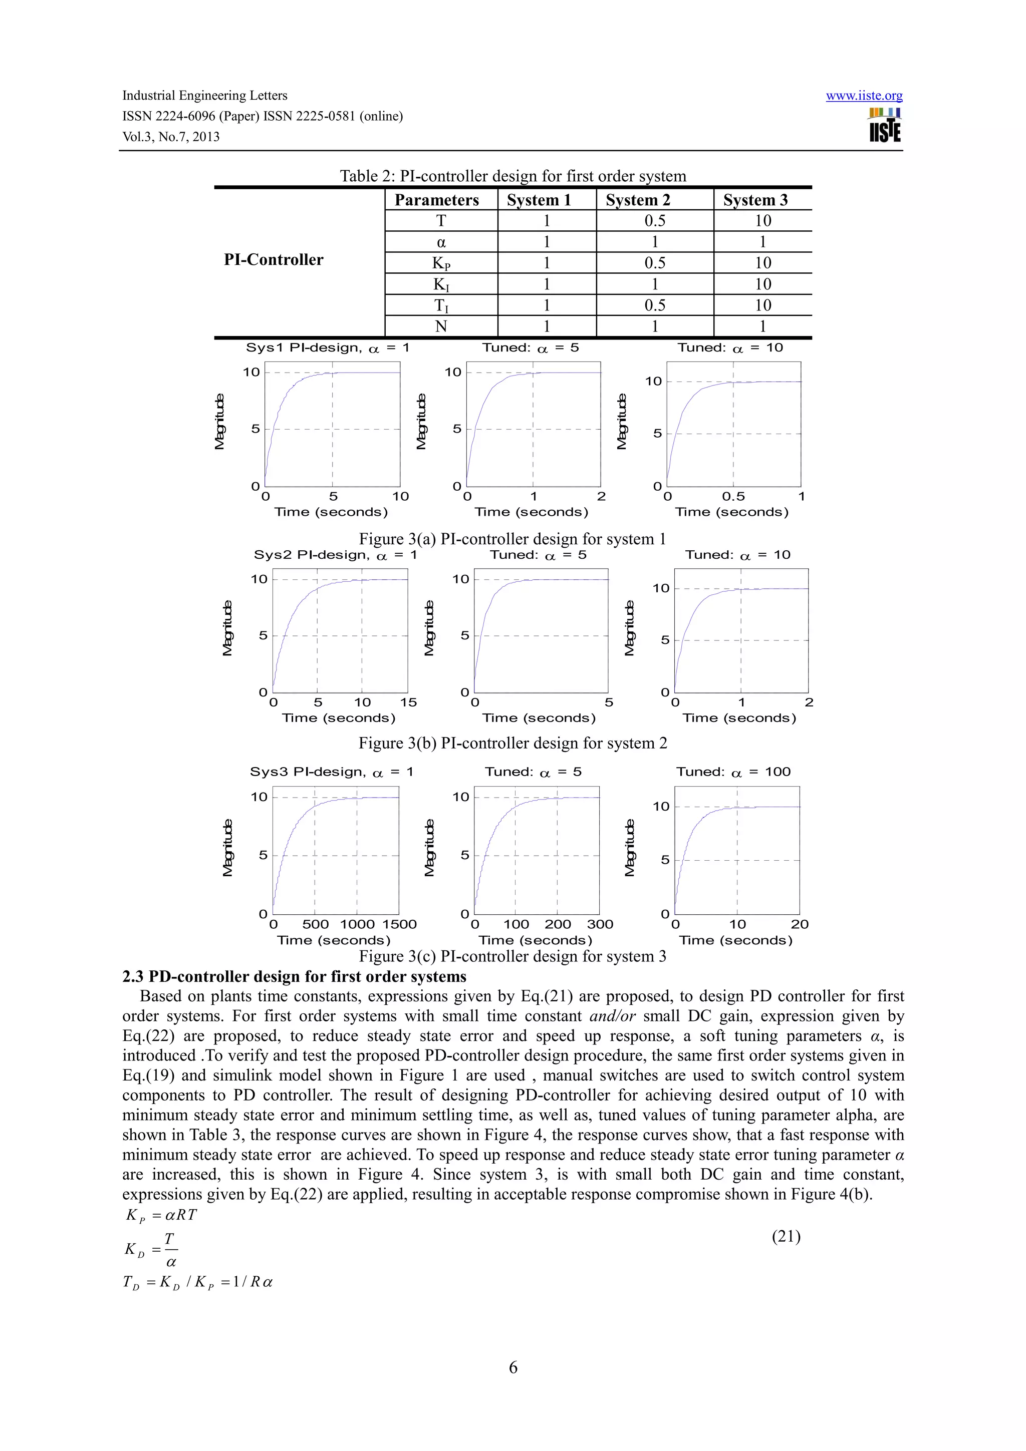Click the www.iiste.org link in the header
[x=864, y=96]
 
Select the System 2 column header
[x=637, y=200]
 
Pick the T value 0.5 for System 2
[x=654, y=221]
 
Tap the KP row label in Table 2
[x=441, y=263]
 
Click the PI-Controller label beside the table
[x=273, y=260]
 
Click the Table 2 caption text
[x=512, y=176]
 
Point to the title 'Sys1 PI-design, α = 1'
[x=328, y=347]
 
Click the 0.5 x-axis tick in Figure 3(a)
[x=733, y=497]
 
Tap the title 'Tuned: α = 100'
[x=733, y=772]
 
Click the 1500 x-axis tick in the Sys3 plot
[x=399, y=924]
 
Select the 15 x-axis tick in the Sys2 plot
[x=408, y=702]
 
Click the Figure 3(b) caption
[x=512, y=743]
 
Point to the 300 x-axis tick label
[x=600, y=924]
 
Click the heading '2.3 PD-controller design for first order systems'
[x=294, y=976]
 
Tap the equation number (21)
[x=786, y=1236]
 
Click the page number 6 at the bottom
[x=512, y=1367]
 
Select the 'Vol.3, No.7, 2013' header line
[x=171, y=137]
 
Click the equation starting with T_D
[x=197, y=1282]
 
